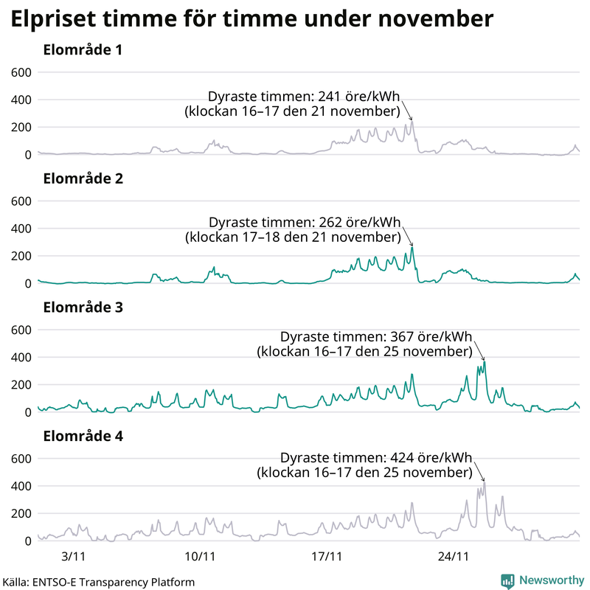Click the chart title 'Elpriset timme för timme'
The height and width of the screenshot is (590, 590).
pos(251,19)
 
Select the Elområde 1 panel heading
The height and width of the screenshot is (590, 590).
pos(83,51)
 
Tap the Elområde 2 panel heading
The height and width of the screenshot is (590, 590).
pos(83,178)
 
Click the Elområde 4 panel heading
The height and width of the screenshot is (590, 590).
pos(83,436)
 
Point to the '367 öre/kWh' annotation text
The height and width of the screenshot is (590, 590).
pos(431,336)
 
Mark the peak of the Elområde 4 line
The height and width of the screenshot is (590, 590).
pos(485,482)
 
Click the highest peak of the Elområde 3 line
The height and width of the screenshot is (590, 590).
pos(485,361)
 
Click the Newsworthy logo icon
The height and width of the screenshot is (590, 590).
pos(507,581)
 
